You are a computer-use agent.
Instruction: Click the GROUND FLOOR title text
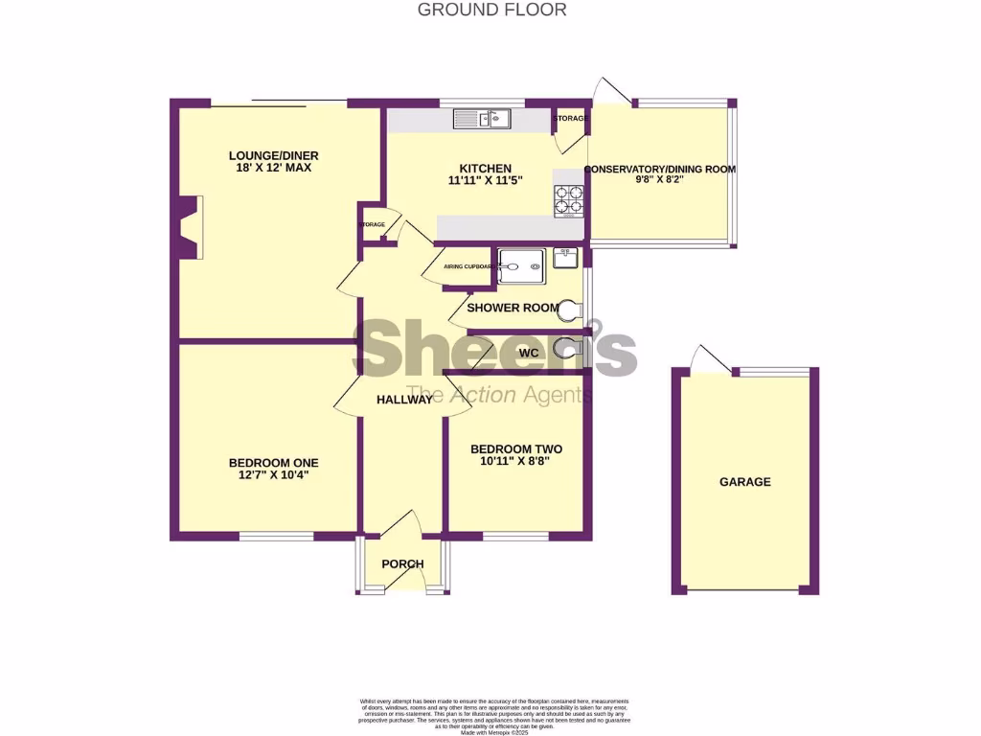[492, 11]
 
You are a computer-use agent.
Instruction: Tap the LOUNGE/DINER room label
[273, 156]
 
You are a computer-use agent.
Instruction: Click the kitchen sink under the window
[483, 119]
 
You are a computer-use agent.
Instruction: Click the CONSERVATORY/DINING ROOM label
[661, 170]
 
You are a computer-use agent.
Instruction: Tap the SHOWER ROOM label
[513, 308]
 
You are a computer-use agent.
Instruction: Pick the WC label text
[529, 353]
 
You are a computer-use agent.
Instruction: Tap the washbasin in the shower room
[564, 257]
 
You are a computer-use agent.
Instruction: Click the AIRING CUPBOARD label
[467, 266]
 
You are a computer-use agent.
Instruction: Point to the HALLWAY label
[404, 400]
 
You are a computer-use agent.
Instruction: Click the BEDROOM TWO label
[516, 448]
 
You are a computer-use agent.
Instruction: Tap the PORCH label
[402, 563]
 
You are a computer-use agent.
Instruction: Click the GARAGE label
[745, 482]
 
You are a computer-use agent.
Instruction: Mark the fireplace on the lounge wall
[193, 226]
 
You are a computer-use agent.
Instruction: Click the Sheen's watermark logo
[495, 349]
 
